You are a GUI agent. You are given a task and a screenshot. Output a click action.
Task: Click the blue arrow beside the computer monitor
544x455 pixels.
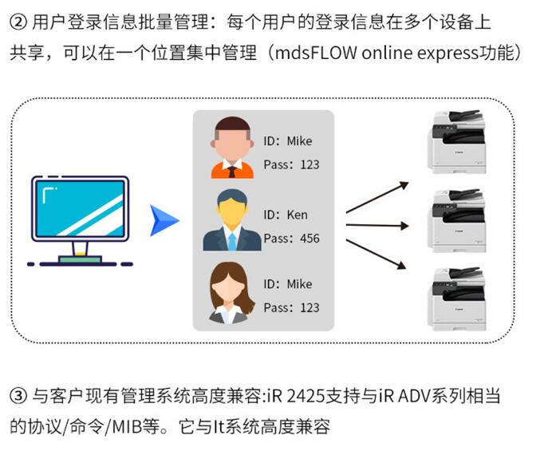[163, 220]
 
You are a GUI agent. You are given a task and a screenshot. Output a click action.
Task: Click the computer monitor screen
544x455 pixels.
[80, 209]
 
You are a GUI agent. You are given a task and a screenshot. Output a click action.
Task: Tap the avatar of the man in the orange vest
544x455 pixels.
[232, 148]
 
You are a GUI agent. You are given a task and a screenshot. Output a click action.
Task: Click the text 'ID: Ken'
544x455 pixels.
[285, 215]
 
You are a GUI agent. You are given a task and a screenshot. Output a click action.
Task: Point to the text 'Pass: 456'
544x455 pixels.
[291, 238]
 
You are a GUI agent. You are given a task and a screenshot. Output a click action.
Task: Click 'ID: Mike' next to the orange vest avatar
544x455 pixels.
[287, 141]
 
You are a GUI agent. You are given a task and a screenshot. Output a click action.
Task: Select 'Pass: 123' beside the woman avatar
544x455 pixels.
[291, 307]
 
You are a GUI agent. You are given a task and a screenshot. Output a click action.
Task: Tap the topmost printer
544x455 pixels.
[457, 142]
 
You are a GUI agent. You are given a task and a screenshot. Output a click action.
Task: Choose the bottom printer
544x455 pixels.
[457, 299]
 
